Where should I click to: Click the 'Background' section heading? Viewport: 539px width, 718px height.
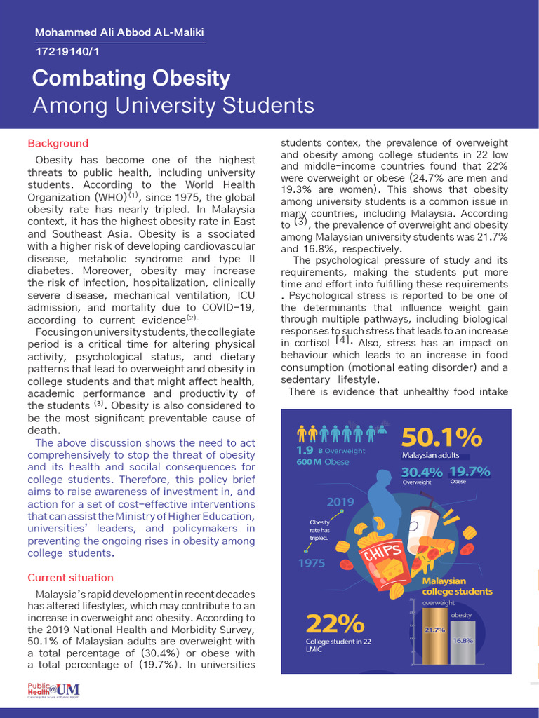coord(58,143)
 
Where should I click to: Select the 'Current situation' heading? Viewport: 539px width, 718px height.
coord(70,578)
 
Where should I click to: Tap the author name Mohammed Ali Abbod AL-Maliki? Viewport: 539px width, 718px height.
coord(119,34)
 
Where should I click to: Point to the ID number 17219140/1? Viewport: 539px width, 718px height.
coord(67,51)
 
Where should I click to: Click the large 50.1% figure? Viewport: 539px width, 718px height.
coord(441,438)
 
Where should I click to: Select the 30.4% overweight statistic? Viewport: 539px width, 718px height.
coord(421,473)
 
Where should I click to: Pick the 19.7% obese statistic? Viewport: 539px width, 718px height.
coord(470,472)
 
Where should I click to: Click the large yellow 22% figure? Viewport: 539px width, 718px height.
coord(335,623)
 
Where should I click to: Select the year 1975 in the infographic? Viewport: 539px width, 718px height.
coord(312,562)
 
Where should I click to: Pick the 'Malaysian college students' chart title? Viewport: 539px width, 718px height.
coord(457,586)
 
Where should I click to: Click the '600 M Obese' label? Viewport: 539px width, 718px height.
coord(322,462)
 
